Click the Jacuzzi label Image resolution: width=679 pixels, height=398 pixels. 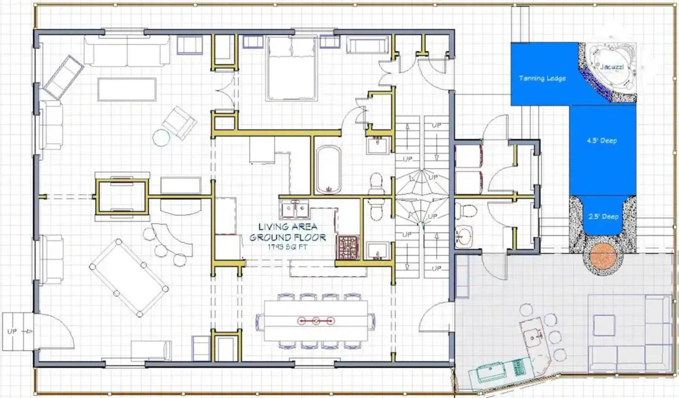coord(611,67)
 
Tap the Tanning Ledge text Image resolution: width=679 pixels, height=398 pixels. coord(542,78)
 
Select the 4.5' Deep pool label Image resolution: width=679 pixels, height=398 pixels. coord(602,140)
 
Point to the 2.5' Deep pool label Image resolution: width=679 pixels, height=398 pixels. coord(603,216)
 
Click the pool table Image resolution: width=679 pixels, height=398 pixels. coord(129,277)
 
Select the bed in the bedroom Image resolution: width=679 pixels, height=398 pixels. coord(292,69)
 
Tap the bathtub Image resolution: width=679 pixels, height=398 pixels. coord(328,169)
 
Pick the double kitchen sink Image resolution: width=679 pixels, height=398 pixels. coord(295,210)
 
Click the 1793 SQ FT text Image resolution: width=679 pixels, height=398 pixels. coord(287,247)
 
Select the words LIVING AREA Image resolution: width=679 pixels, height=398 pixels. coord(288,227)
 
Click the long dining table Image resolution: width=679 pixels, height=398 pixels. coord(316,321)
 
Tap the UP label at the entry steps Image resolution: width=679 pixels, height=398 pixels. coord(12,331)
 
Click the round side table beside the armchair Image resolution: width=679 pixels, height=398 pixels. coord(161,138)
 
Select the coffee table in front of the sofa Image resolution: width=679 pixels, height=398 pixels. coord(127,90)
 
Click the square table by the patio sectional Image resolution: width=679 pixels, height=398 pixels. coord(604,325)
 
